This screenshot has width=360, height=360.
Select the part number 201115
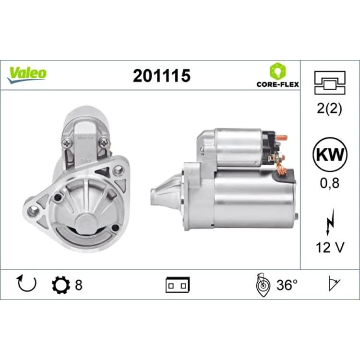point(162,76)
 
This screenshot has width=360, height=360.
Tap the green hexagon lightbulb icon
point(278,71)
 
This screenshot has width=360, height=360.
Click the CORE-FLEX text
point(278,84)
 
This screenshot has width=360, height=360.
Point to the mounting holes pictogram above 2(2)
point(330,83)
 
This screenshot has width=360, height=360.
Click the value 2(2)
point(329,108)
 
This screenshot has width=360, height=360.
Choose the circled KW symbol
point(330,154)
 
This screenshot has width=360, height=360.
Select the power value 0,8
point(330,183)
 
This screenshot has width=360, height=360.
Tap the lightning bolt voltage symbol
point(329,222)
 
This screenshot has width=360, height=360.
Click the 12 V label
point(330,248)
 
